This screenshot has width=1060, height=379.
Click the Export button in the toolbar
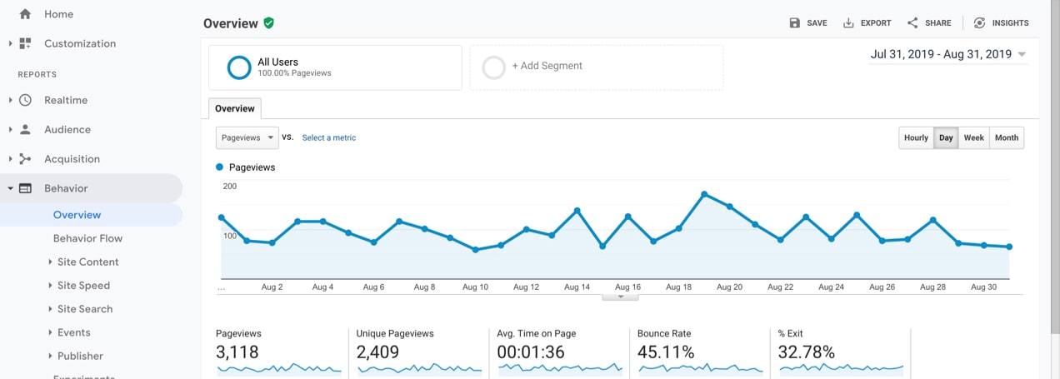[x=867, y=23]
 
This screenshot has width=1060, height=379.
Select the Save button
[x=808, y=23]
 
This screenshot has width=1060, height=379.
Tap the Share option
[x=929, y=23]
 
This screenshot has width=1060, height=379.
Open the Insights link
[x=1002, y=23]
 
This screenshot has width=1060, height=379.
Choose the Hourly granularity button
[x=916, y=138]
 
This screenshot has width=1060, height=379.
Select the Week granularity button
[x=973, y=138]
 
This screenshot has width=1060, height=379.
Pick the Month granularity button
[x=1007, y=138]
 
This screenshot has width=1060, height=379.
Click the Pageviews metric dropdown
[x=247, y=138]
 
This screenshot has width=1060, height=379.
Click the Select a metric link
[x=328, y=138]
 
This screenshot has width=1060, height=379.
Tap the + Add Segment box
[x=596, y=67]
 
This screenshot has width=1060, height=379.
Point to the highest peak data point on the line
[x=704, y=194]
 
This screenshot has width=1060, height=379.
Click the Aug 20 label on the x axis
[x=729, y=287]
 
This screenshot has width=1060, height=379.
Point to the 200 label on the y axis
[x=230, y=187]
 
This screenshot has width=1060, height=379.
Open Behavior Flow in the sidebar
[x=87, y=238]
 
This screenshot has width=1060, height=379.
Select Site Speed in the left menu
[x=83, y=286]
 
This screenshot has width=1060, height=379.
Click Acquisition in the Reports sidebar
[x=72, y=159]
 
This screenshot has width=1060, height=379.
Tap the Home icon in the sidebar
[x=25, y=14]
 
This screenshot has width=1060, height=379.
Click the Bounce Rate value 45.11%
[x=666, y=352]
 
